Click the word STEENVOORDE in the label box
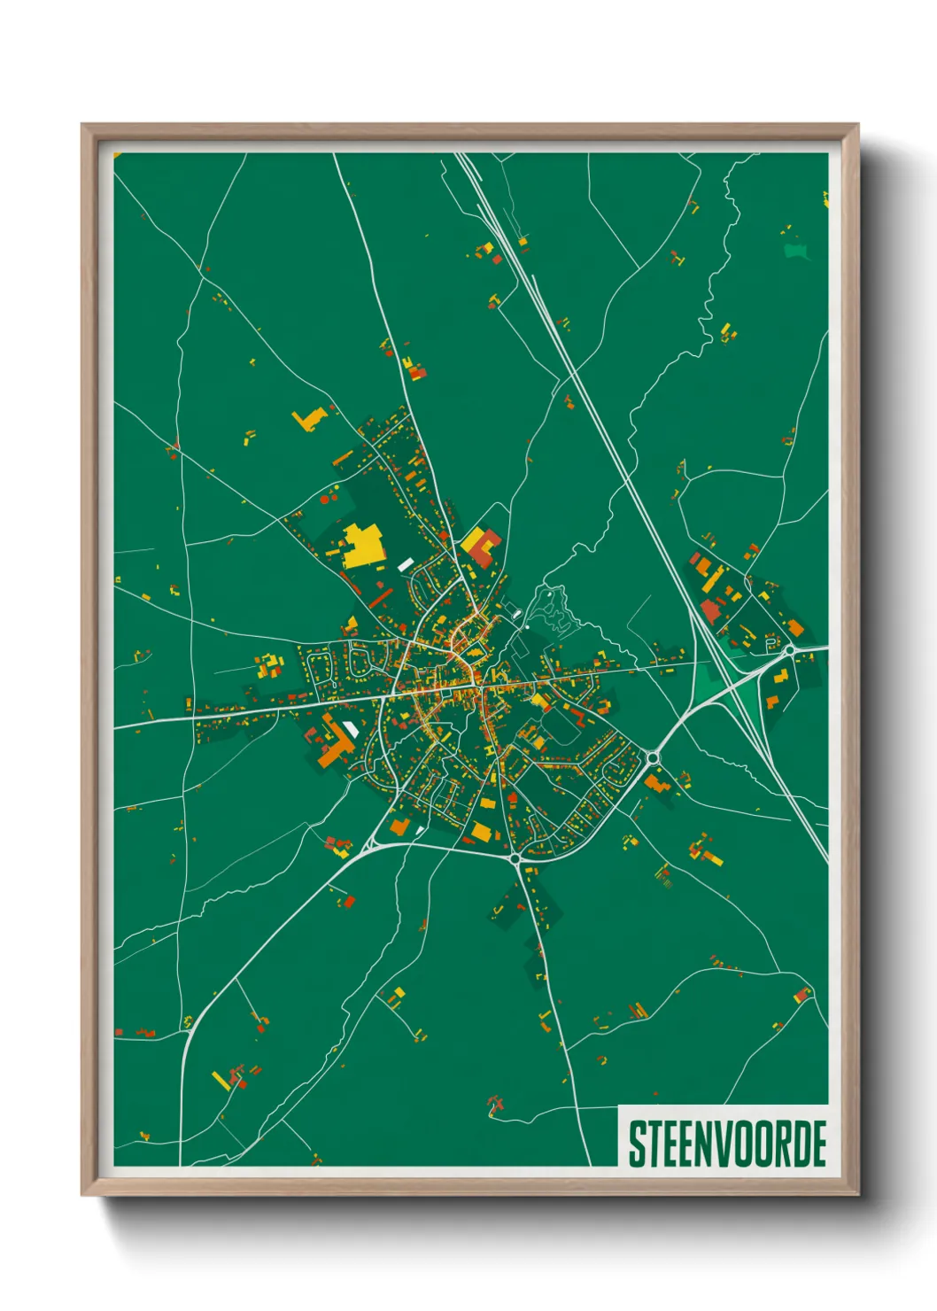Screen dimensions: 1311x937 tap(727, 1144)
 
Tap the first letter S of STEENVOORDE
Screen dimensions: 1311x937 tap(636, 1144)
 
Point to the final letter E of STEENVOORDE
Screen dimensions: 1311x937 tap(818, 1144)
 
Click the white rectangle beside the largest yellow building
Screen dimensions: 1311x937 tap(406, 563)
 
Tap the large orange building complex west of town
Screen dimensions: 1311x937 tap(335, 744)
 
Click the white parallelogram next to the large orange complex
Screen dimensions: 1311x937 tap(352, 730)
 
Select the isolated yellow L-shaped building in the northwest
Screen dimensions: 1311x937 tap(309, 418)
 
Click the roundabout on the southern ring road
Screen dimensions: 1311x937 tap(515, 858)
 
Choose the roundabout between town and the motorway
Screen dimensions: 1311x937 tap(653, 757)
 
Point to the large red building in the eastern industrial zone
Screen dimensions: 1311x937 tap(710, 611)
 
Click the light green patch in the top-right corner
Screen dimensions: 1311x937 tap(797, 251)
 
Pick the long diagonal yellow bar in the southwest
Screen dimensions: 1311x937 tap(221, 1081)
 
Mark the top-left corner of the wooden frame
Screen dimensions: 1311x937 tap(82, 125)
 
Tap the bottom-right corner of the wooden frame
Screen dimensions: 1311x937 tap(857, 1194)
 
